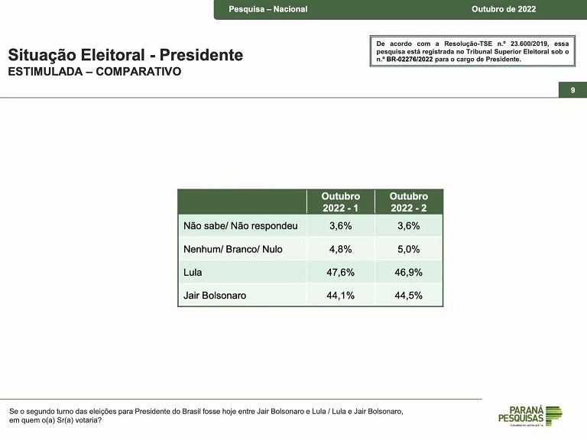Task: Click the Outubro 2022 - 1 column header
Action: pos(340,202)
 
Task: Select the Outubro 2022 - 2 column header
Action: pos(409,202)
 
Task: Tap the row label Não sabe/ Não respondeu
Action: pos(240,226)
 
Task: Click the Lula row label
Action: pos(193,272)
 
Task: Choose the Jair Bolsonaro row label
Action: pos(215,295)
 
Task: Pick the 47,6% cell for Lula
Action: pos(340,272)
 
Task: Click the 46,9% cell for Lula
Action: pos(408,272)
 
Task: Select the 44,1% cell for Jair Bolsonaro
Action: pos(340,295)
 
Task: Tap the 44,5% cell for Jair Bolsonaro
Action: pos(408,295)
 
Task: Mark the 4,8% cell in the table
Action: pos(340,249)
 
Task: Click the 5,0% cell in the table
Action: pos(408,249)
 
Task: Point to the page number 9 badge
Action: pos(572,91)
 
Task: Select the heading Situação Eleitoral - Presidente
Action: pos(125,55)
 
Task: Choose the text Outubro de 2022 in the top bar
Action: pos(504,9)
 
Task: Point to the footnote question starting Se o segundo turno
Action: pos(206,416)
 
